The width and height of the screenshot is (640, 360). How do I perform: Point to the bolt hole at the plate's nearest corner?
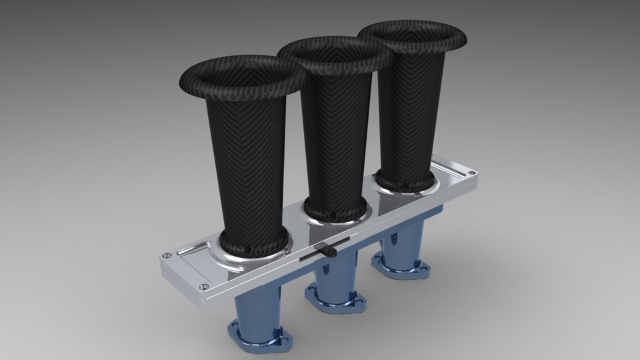click(201, 287)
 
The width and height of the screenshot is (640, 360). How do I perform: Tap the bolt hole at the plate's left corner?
click(166, 255)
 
